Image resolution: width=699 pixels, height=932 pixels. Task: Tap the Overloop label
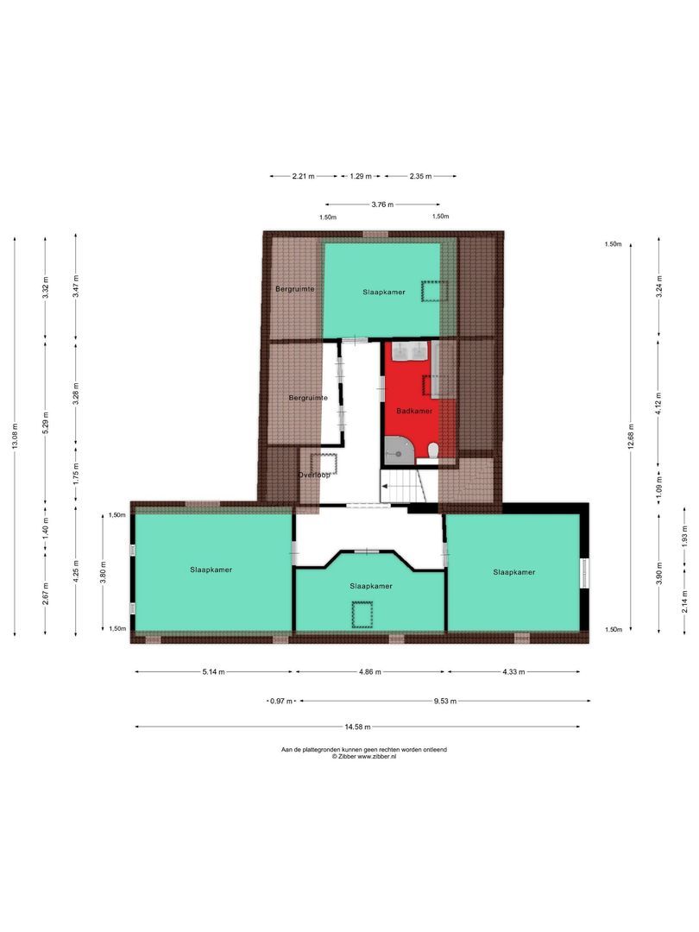click(315, 475)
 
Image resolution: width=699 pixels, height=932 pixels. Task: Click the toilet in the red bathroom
click(433, 450)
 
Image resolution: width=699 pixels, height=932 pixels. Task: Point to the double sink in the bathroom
click(411, 350)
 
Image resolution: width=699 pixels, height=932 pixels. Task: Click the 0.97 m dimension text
click(280, 702)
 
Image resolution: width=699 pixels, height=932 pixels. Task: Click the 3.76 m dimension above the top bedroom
click(382, 205)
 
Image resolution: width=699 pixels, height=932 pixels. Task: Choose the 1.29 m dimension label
click(360, 176)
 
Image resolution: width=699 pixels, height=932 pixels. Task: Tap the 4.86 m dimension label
click(370, 671)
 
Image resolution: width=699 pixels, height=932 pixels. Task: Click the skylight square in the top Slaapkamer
click(430, 291)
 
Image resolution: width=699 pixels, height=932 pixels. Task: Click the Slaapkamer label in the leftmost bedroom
click(211, 570)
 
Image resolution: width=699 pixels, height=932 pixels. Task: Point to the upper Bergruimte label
click(294, 288)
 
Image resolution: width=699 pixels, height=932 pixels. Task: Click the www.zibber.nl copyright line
click(363, 756)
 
